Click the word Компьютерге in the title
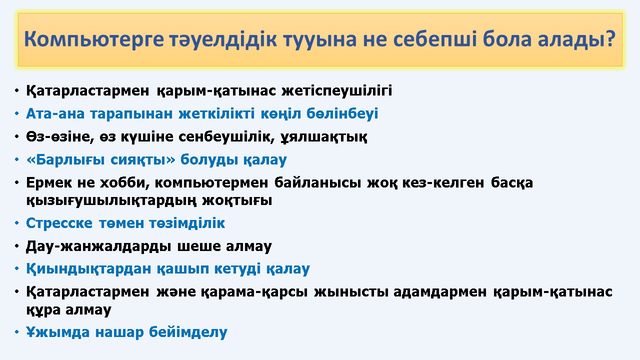click(x=93, y=39)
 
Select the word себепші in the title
click(x=435, y=38)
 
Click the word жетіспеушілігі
click(x=337, y=91)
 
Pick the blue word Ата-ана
click(x=55, y=113)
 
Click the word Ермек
click(x=49, y=182)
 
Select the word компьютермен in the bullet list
click(x=211, y=183)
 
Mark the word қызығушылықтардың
click(x=111, y=200)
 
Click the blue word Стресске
click(x=59, y=223)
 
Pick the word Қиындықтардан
click(x=88, y=269)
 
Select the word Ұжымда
click(x=57, y=332)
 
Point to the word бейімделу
click(x=188, y=332)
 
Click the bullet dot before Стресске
click(x=16, y=223)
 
